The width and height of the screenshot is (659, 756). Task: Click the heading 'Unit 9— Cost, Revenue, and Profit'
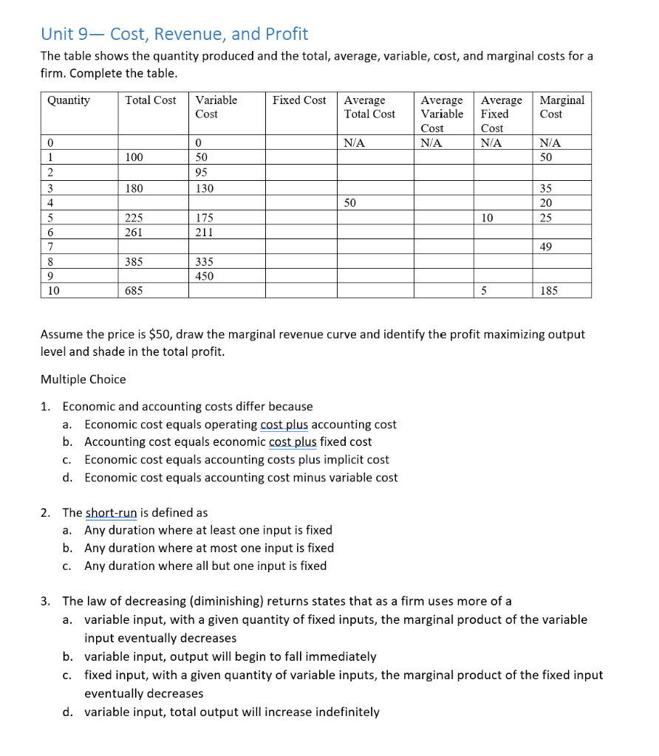pos(174,34)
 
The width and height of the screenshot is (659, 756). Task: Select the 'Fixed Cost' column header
pos(298,100)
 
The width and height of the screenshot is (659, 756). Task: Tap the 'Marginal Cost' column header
pos(561,107)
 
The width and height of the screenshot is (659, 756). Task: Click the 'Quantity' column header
pos(68,100)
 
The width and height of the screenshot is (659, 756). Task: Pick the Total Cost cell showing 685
pos(134,291)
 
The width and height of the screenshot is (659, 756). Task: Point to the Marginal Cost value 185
pos(549,291)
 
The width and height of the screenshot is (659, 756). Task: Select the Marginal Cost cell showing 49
pos(546,247)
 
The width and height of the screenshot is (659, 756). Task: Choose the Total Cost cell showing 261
pos(134,232)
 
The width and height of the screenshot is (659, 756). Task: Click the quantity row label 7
pos(49,247)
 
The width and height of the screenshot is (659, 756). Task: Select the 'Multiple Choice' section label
pos(83,379)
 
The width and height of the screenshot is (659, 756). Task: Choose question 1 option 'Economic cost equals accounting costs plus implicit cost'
pos(236,459)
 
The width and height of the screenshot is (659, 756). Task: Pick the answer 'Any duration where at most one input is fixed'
pos(208,548)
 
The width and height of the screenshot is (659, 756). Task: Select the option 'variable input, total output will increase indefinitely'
pos(231,712)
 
